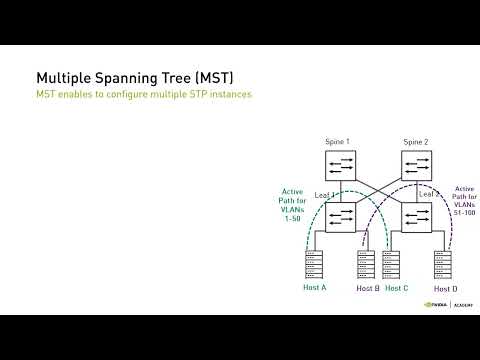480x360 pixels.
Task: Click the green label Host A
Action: [x=314, y=288]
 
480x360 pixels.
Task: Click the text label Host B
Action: [x=368, y=288]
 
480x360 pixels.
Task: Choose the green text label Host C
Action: [x=397, y=288]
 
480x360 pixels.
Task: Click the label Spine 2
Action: [x=415, y=142]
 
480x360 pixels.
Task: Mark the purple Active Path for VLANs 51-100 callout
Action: [x=465, y=200]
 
